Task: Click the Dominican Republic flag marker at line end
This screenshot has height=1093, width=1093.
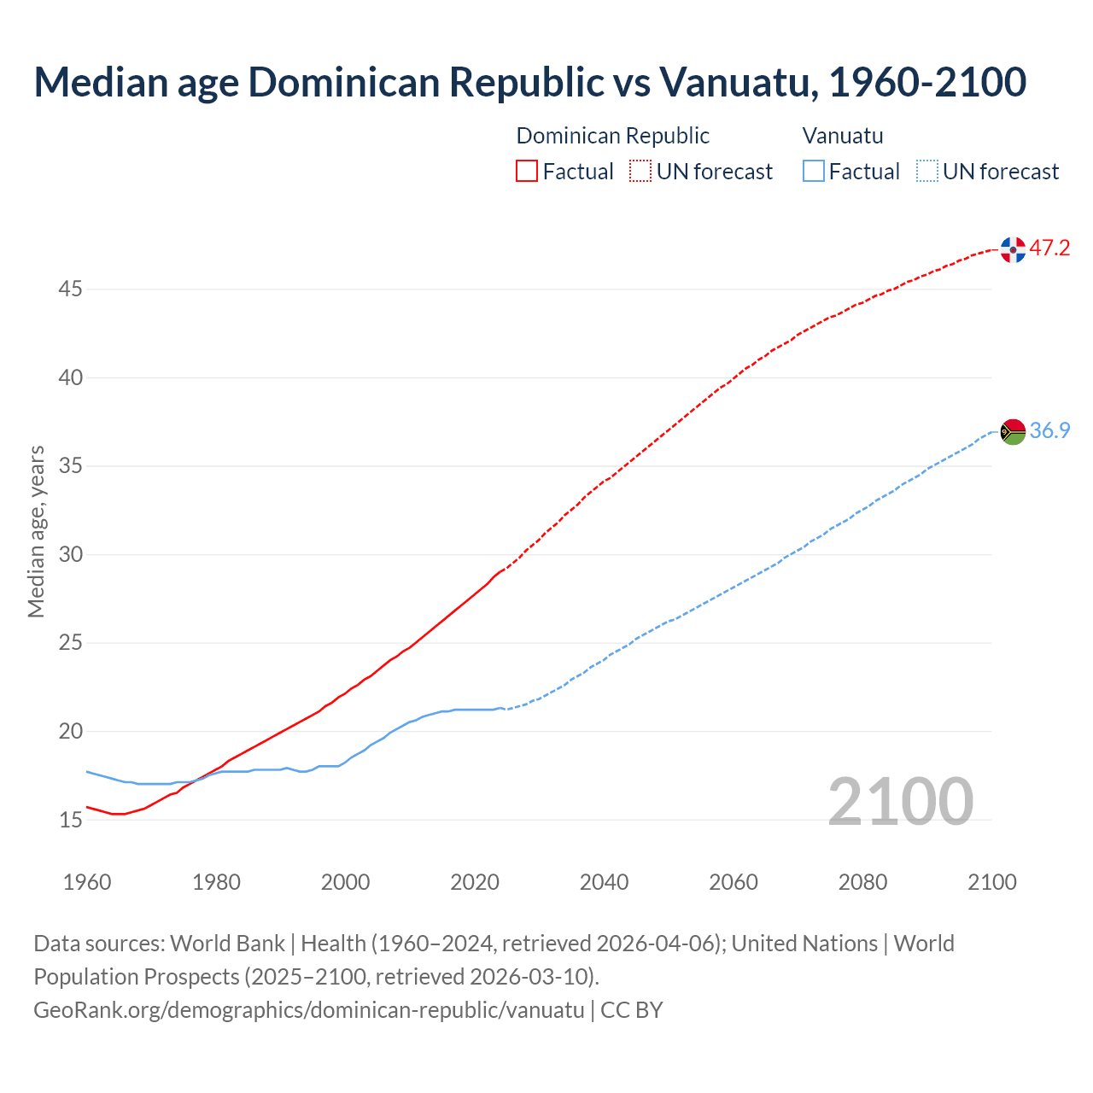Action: click(x=1013, y=249)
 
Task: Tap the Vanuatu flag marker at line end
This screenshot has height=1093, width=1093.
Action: click(x=1013, y=431)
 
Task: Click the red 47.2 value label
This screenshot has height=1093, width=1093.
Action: click(x=1049, y=248)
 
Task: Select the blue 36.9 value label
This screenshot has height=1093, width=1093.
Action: click(x=1049, y=430)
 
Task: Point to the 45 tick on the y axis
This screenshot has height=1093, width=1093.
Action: click(x=70, y=289)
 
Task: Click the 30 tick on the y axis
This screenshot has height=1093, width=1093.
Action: click(x=70, y=555)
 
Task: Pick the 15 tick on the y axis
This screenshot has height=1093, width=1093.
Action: click(x=70, y=821)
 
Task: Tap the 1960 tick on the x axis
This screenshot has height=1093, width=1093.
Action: click(x=87, y=882)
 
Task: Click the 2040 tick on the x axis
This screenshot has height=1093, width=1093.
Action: click(x=604, y=882)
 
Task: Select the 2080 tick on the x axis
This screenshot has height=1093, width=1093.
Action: click(x=862, y=882)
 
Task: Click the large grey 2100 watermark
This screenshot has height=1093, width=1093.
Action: click(x=900, y=802)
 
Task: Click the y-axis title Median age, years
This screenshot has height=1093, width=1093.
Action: click(x=36, y=531)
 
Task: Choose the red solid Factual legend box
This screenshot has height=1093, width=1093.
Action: click(x=527, y=172)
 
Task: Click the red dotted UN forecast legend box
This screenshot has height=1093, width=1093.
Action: click(x=640, y=172)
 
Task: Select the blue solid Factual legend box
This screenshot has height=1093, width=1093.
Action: click(x=814, y=172)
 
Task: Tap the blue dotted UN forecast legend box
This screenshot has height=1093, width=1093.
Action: click(x=926, y=172)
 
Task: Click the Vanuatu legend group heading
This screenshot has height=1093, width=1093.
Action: click(x=843, y=136)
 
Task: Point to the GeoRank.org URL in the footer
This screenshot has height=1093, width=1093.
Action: click(x=308, y=1010)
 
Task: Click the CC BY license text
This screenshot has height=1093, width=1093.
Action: click(x=631, y=1010)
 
